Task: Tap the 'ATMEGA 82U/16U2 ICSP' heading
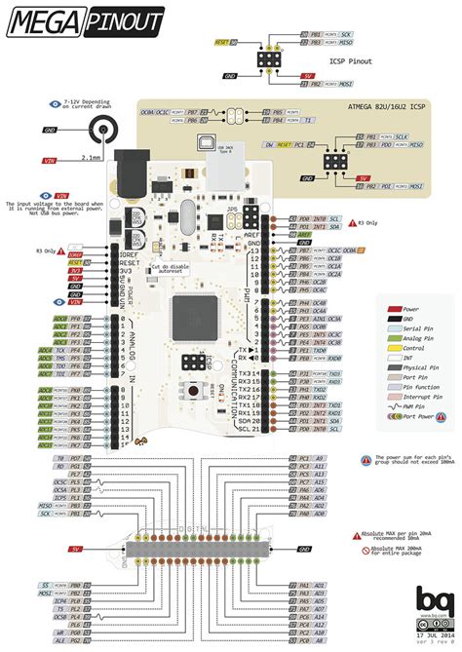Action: [x=387, y=106]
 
